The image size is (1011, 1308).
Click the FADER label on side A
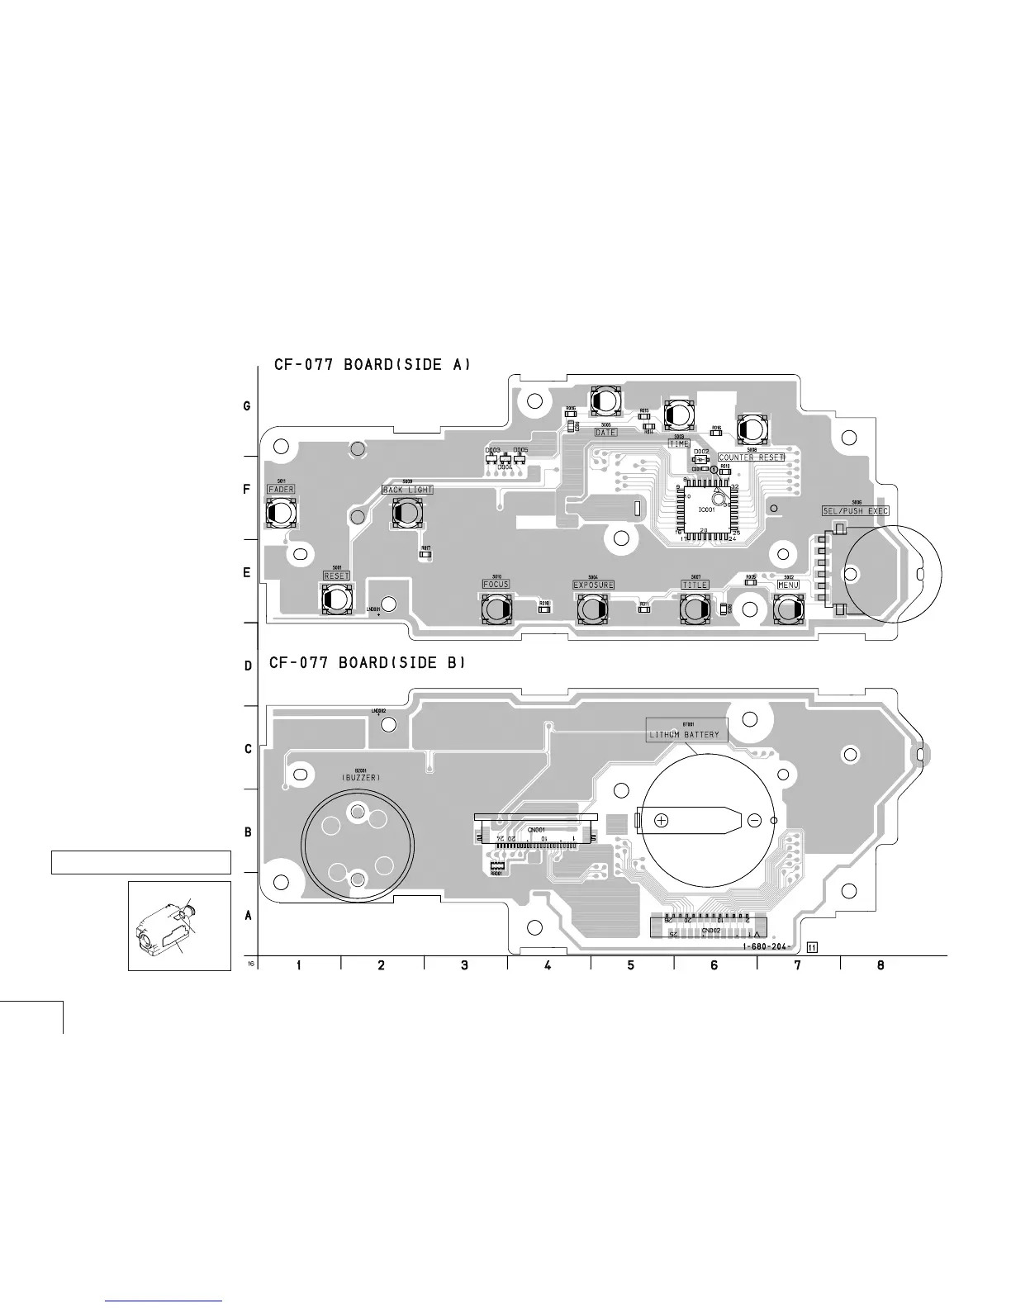[281, 490]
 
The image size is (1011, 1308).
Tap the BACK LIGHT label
[408, 490]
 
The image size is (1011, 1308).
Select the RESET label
[336, 576]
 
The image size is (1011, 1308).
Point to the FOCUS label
[496, 584]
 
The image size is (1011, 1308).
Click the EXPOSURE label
[593, 585]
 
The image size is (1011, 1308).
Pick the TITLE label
[695, 585]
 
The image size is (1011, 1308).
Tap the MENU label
[787, 585]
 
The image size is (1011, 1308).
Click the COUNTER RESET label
[750, 457]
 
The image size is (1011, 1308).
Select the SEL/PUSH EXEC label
[855, 511]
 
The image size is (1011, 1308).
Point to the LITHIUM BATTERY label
[684, 734]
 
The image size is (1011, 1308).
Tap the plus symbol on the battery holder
[661, 820]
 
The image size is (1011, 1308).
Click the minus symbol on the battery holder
[754, 820]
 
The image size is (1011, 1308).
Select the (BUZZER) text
[361, 778]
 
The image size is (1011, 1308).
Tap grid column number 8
[880, 965]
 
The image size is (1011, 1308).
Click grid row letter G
[246, 406]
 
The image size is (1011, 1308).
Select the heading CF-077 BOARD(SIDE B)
[368, 662]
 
